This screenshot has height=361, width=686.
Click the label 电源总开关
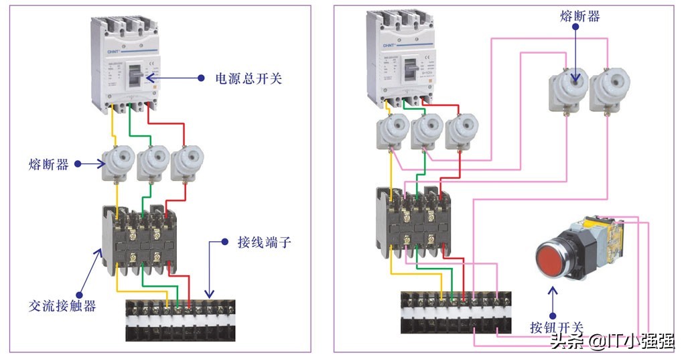(x=249, y=78)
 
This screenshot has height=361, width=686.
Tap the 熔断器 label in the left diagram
(x=48, y=164)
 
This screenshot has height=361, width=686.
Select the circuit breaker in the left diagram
(x=128, y=64)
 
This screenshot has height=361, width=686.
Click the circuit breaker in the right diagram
(x=401, y=58)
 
